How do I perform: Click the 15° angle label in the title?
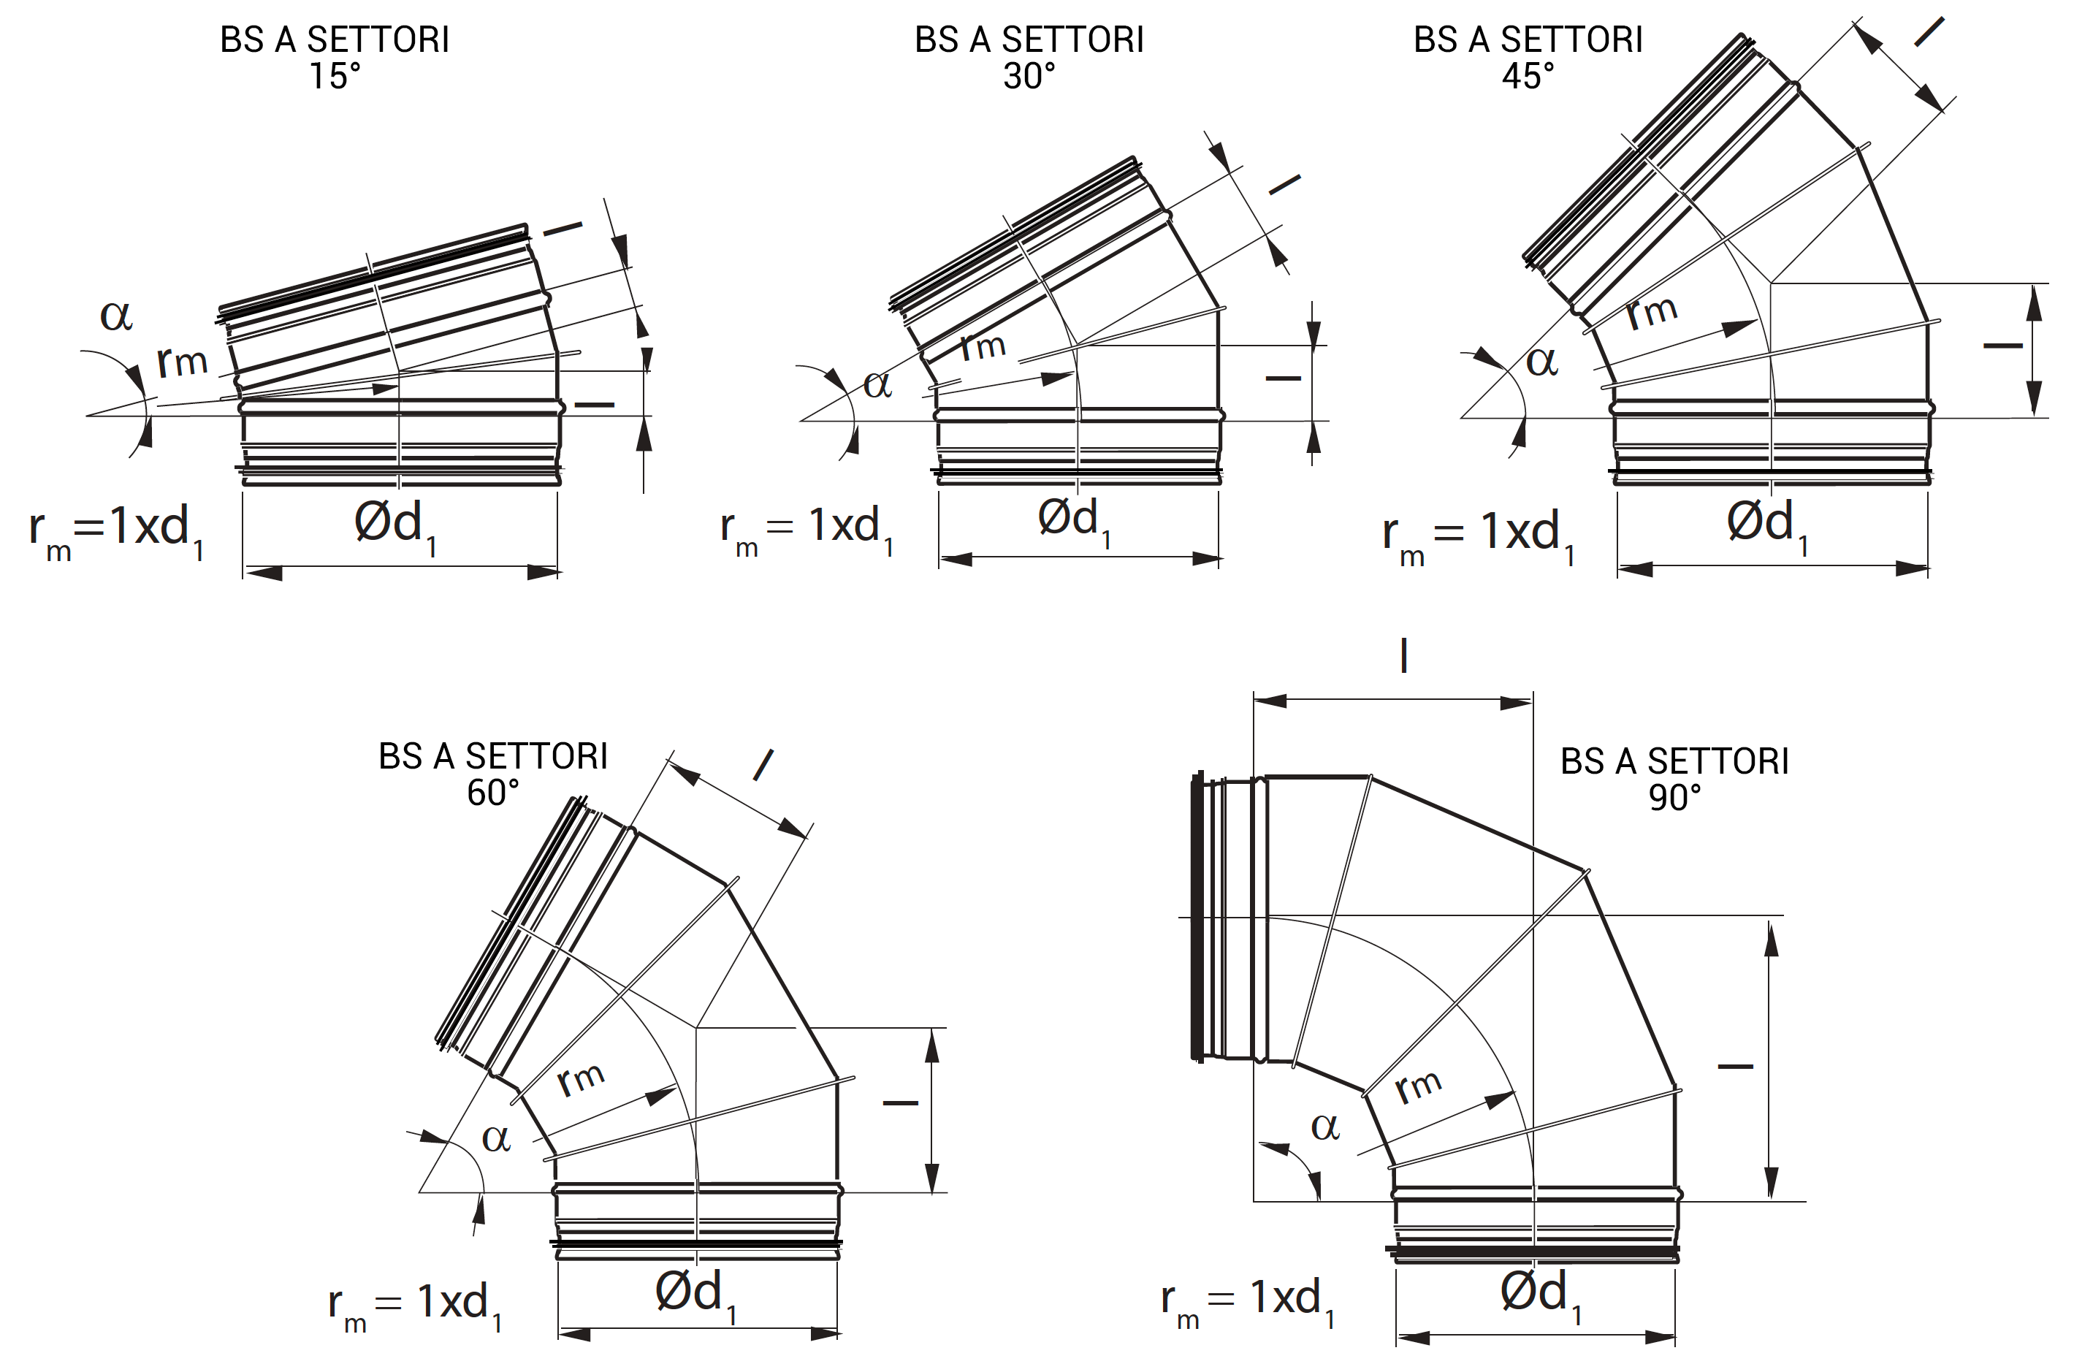click(x=335, y=77)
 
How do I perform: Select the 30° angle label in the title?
click(x=1029, y=77)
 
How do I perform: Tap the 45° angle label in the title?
click(x=1528, y=77)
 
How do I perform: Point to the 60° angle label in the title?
click(x=492, y=793)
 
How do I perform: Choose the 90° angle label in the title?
click(x=1674, y=798)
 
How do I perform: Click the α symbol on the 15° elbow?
click(x=116, y=316)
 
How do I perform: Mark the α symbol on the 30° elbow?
click(x=877, y=384)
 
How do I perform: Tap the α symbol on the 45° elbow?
click(x=1541, y=362)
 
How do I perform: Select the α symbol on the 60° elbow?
click(x=496, y=1138)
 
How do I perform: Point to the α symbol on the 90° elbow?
click(x=1324, y=1127)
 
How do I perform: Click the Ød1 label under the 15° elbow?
click(x=394, y=525)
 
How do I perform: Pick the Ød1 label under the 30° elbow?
click(x=1074, y=521)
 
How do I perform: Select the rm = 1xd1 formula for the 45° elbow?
click(x=1478, y=534)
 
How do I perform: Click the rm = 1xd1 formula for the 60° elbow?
click(x=415, y=1306)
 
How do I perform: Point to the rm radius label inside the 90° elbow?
click(x=1418, y=1085)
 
